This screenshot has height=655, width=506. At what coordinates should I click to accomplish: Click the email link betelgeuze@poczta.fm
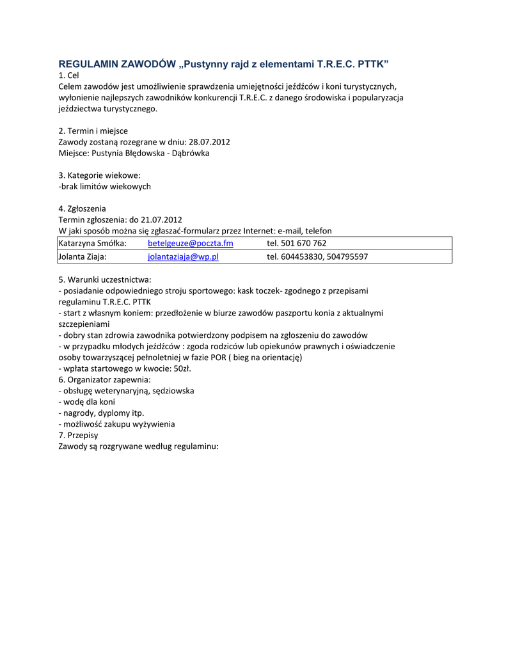coord(190,244)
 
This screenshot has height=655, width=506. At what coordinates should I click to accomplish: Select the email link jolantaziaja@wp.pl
coord(183,256)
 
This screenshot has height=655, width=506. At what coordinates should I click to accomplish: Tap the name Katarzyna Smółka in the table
coord(92,244)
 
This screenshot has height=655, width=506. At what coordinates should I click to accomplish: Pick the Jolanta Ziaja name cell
coord(82,256)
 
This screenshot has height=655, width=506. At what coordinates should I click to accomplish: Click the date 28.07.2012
coord(210,142)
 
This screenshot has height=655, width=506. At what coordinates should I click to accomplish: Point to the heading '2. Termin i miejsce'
coord(93,130)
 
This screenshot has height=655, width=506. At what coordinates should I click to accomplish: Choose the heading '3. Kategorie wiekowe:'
coord(99,175)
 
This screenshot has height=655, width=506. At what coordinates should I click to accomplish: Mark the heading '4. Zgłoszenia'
coord(82,209)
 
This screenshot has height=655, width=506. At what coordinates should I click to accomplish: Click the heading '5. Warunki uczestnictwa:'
coord(105,280)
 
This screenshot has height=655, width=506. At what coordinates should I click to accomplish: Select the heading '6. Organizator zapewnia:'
coord(104,379)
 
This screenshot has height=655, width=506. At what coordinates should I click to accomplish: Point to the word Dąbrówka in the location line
coord(190,154)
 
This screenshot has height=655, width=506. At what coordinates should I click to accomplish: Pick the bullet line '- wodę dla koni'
coord(86,402)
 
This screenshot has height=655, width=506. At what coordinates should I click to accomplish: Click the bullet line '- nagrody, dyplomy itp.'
coord(101,413)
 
